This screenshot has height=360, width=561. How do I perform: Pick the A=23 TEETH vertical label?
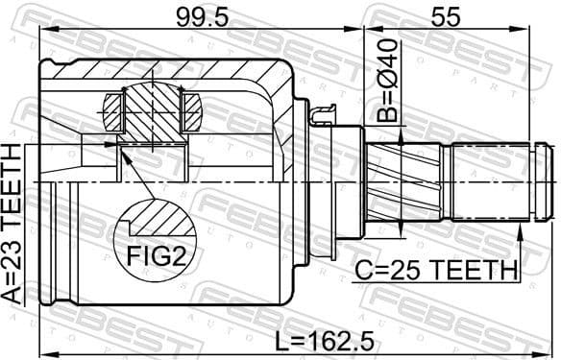tap(13, 225)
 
